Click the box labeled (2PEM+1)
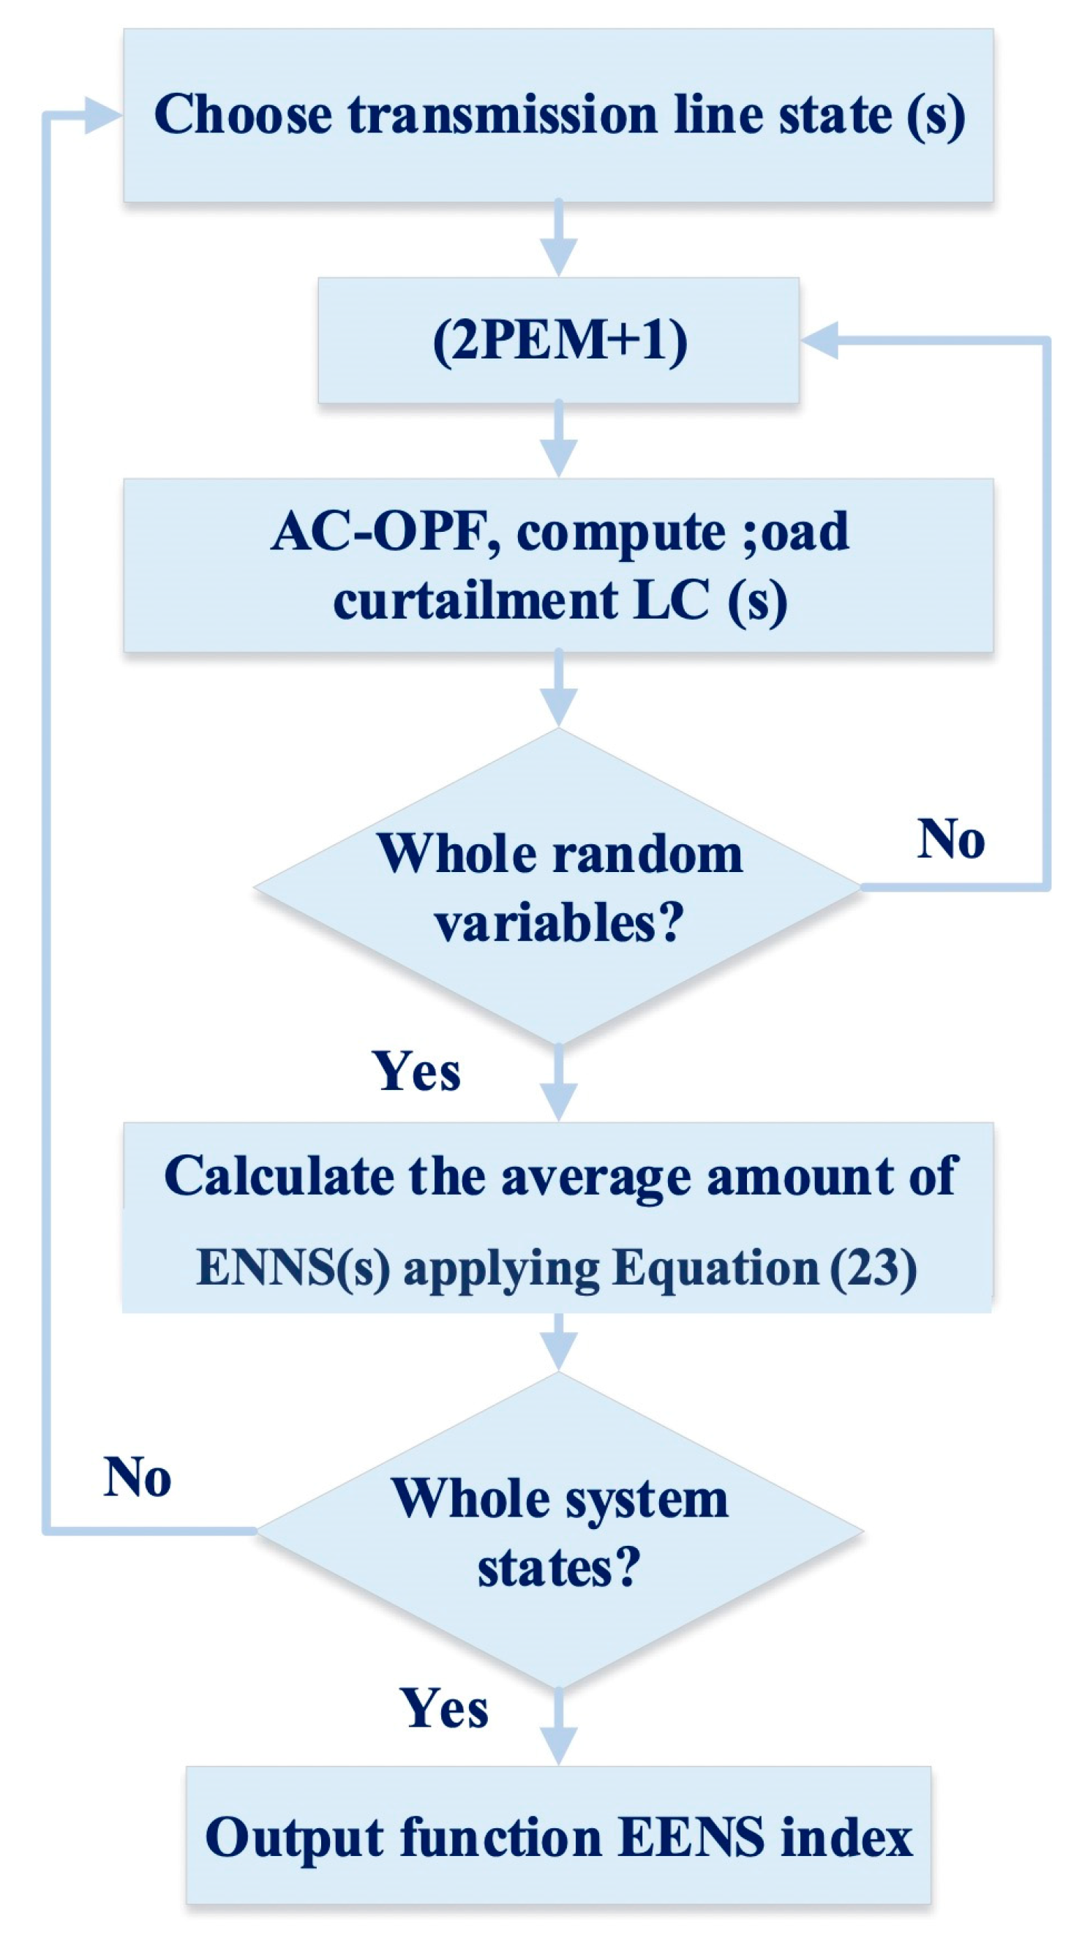pos(557,340)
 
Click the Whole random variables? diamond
pos(557,886)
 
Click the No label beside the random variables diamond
pos(951,838)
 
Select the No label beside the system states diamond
pos(137,1477)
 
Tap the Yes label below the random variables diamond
pos(416,1071)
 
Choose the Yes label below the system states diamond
pos(444,1709)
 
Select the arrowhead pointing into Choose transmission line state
pos(104,115)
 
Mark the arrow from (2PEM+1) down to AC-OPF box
pos(558,440)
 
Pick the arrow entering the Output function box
pos(558,1727)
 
